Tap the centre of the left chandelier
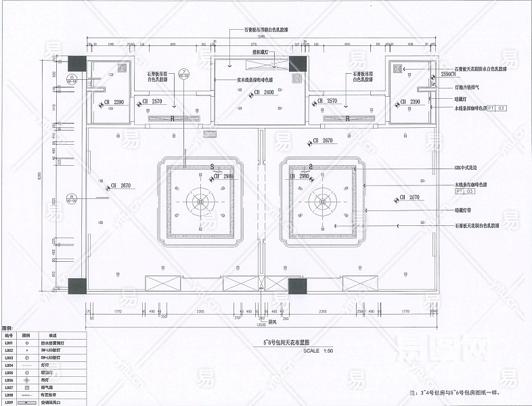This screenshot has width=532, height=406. click(x=201, y=201)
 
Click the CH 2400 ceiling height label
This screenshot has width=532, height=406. click(x=263, y=92)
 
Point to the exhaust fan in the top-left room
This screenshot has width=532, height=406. click(x=123, y=68)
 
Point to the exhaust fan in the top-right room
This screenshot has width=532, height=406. click(x=398, y=68)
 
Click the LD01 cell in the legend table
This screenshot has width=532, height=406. click(x=9, y=343)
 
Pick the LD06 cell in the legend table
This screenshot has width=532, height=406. click(x=9, y=380)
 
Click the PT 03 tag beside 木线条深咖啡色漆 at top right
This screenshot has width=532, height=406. click(x=496, y=108)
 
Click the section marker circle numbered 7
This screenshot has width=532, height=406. click(x=183, y=72)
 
